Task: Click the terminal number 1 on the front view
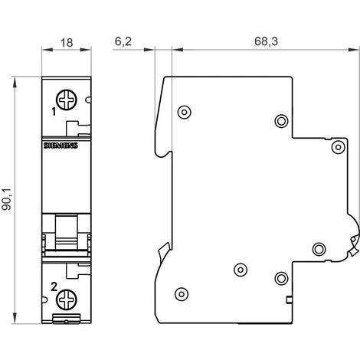(54, 112)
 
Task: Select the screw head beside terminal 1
(67, 99)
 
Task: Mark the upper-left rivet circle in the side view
(183, 113)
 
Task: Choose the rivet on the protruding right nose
(337, 146)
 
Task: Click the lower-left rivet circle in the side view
(182, 293)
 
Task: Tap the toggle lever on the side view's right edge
(353, 244)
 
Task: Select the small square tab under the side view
(288, 299)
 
